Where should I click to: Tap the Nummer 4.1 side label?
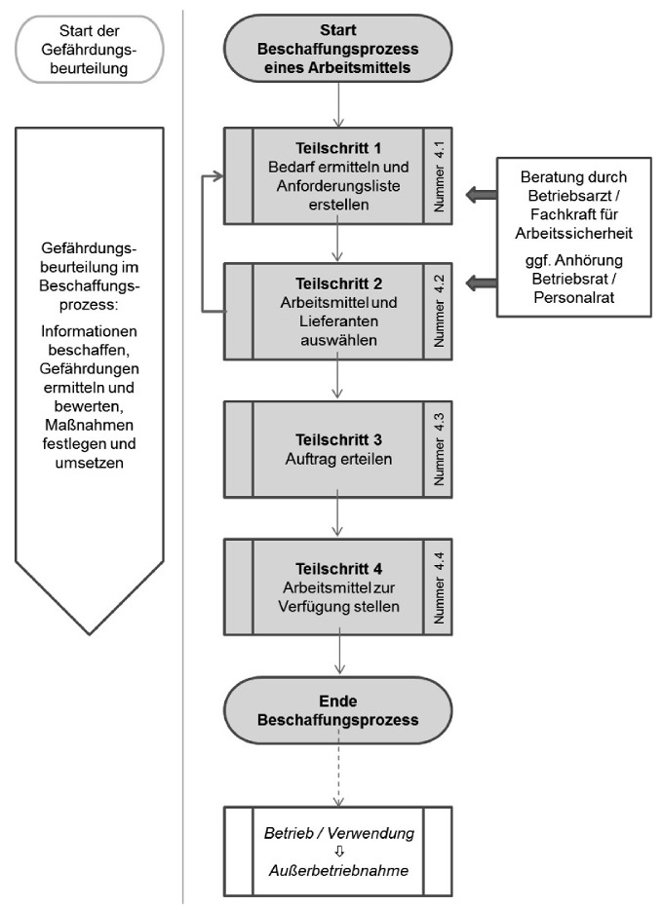pyautogui.click(x=437, y=175)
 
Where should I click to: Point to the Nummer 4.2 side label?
pyautogui.click(x=437, y=312)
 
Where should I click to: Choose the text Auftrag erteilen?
pyautogui.click(x=336, y=458)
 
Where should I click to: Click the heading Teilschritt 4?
pyautogui.click(x=336, y=568)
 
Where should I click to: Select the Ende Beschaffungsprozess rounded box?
pyautogui.click(x=336, y=711)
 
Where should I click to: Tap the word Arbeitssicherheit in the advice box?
pyautogui.click(x=573, y=235)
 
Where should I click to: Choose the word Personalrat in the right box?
pyautogui.click(x=573, y=297)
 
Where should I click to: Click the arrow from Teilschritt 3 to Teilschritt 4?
pyautogui.click(x=336, y=513)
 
